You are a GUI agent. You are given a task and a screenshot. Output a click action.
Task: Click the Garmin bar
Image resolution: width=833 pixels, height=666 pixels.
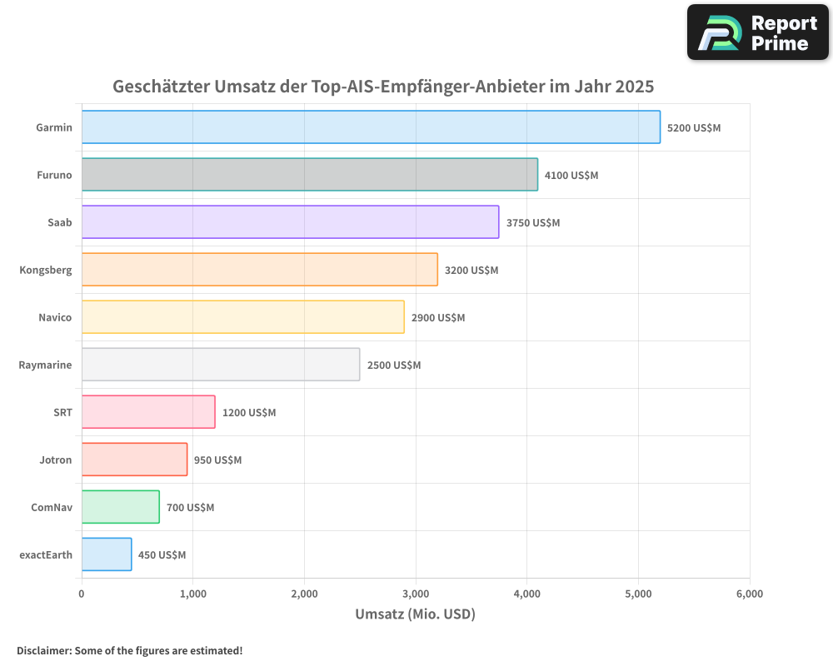point(371,127)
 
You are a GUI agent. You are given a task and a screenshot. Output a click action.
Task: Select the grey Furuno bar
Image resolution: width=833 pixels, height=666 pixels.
point(310,175)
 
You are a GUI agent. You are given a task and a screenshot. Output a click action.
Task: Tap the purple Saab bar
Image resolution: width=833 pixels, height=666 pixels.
point(290,222)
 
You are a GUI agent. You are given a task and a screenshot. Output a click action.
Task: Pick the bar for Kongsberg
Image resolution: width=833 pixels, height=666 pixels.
point(260,270)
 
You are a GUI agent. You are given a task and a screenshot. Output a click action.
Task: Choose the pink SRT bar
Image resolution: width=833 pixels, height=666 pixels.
point(148,412)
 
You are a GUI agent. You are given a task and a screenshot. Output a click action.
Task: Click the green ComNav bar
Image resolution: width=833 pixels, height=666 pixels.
point(121,507)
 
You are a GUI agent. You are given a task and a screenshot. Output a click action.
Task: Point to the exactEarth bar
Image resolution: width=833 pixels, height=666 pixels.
point(107,554)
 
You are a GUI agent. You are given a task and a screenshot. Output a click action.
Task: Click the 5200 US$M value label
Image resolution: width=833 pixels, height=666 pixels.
point(694,127)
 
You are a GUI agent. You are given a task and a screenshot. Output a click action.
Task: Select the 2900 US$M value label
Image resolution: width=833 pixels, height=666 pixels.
point(438,318)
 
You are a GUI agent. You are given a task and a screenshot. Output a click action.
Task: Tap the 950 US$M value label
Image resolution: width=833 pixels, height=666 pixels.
point(217,460)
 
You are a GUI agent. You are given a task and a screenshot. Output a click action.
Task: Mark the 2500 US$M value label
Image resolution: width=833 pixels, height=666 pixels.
point(394,365)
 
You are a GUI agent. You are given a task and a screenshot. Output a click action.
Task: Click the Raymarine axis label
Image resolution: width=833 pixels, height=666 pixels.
point(45,365)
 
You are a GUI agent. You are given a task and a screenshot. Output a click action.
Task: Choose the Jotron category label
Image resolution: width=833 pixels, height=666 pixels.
point(55,460)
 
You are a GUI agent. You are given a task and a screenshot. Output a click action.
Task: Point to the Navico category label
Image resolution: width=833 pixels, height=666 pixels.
point(55,318)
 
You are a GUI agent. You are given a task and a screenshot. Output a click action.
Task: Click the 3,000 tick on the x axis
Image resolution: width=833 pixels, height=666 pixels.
point(416,594)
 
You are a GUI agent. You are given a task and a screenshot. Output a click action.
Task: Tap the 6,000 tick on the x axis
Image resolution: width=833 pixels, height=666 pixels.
point(749,594)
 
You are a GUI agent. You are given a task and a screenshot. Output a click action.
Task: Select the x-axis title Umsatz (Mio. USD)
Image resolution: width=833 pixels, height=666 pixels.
point(415,614)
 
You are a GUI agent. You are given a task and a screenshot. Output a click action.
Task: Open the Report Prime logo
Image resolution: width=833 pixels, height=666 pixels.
point(758,32)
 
